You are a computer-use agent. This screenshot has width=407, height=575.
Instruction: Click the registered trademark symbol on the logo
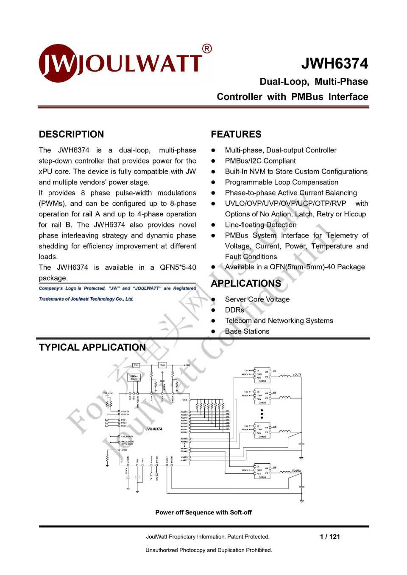207,49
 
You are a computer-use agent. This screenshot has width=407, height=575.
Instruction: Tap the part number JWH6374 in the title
335,64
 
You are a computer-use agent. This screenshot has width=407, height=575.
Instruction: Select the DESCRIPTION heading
71,134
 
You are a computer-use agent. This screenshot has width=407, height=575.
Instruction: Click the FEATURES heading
236,134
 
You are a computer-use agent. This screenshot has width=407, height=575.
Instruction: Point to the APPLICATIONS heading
246,283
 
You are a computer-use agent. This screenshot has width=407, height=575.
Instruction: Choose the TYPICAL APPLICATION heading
92,347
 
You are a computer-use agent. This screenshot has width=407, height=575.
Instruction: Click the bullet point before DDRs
214,310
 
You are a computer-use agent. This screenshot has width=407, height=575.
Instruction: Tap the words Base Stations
247,331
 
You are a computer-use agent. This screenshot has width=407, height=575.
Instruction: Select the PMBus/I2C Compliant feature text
260,161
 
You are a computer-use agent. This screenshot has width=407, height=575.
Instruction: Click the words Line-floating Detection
261,225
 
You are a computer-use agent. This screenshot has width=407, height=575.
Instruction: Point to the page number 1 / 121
330,536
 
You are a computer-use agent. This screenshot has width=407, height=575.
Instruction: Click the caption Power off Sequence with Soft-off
203,512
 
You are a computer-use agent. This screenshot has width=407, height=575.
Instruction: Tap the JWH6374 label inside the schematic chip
154,429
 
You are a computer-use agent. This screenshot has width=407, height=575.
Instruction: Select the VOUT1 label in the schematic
297,375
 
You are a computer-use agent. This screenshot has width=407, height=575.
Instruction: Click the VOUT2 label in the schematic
296,470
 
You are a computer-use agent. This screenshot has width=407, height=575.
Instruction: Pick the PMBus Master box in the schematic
134,377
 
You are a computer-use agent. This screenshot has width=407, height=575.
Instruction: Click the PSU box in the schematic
136,365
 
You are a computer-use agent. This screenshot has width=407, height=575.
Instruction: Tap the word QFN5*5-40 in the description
178,267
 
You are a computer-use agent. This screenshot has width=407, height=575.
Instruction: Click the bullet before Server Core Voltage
214,299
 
